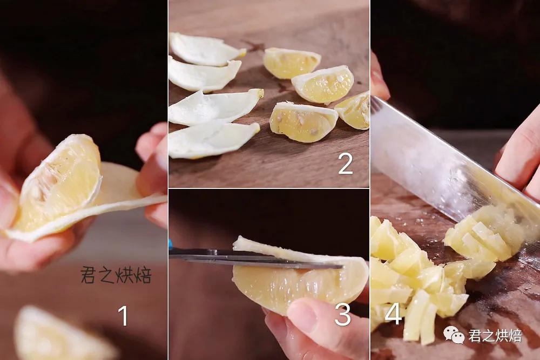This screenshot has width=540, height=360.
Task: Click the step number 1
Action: (x=123, y=316)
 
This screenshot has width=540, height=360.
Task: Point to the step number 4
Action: (x=393, y=314)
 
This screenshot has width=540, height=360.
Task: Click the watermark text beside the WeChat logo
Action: (x=495, y=336)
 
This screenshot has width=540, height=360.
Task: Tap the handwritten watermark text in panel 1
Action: (x=116, y=275)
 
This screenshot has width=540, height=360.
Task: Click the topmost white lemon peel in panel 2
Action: (x=206, y=49)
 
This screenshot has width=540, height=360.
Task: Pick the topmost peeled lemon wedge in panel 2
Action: (x=291, y=63)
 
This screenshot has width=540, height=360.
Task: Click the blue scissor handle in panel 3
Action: (x=170, y=244)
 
